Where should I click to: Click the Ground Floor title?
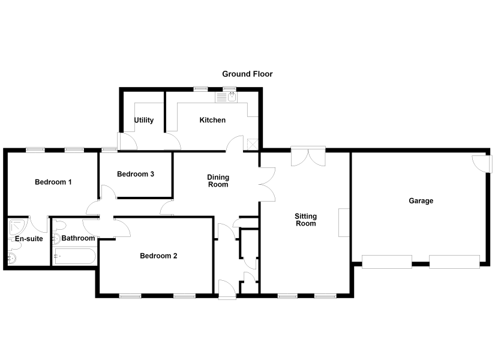click(x=247, y=74)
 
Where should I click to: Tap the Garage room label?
click(x=421, y=201)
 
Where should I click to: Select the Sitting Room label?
click(x=305, y=220)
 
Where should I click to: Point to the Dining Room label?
click(x=218, y=181)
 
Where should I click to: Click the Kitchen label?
click(x=212, y=120)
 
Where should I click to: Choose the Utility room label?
click(x=144, y=120)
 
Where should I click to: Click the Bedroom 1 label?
click(x=53, y=182)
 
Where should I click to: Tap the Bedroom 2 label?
click(x=158, y=256)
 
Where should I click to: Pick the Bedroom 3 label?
click(x=136, y=174)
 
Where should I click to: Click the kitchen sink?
click(x=226, y=97)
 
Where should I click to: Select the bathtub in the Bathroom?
click(x=75, y=256)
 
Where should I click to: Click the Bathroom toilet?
click(x=59, y=226)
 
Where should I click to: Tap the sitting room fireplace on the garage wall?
click(x=344, y=223)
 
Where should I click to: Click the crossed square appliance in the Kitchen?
click(x=253, y=144)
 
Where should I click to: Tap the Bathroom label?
click(x=78, y=238)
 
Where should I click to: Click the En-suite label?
click(x=29, y=239)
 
